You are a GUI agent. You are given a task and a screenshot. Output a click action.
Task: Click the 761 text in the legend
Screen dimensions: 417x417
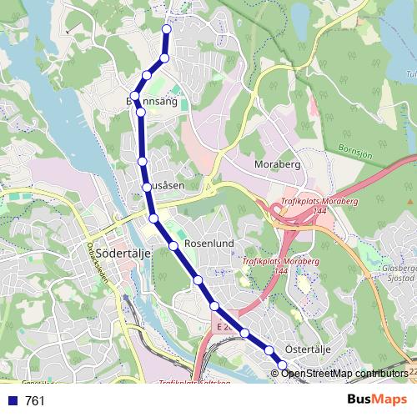36,401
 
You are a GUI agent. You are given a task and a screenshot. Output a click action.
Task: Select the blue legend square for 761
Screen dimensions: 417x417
13,401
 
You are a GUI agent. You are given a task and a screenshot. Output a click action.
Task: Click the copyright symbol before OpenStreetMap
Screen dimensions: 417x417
275,373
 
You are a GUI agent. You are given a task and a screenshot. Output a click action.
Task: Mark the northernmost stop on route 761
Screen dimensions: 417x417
166,29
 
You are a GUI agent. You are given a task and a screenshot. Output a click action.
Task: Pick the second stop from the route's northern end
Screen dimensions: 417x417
164,58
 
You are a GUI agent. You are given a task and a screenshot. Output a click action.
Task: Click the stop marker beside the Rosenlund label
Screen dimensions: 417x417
173,245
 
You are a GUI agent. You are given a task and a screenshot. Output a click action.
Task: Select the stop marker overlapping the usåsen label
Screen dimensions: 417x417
147,186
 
